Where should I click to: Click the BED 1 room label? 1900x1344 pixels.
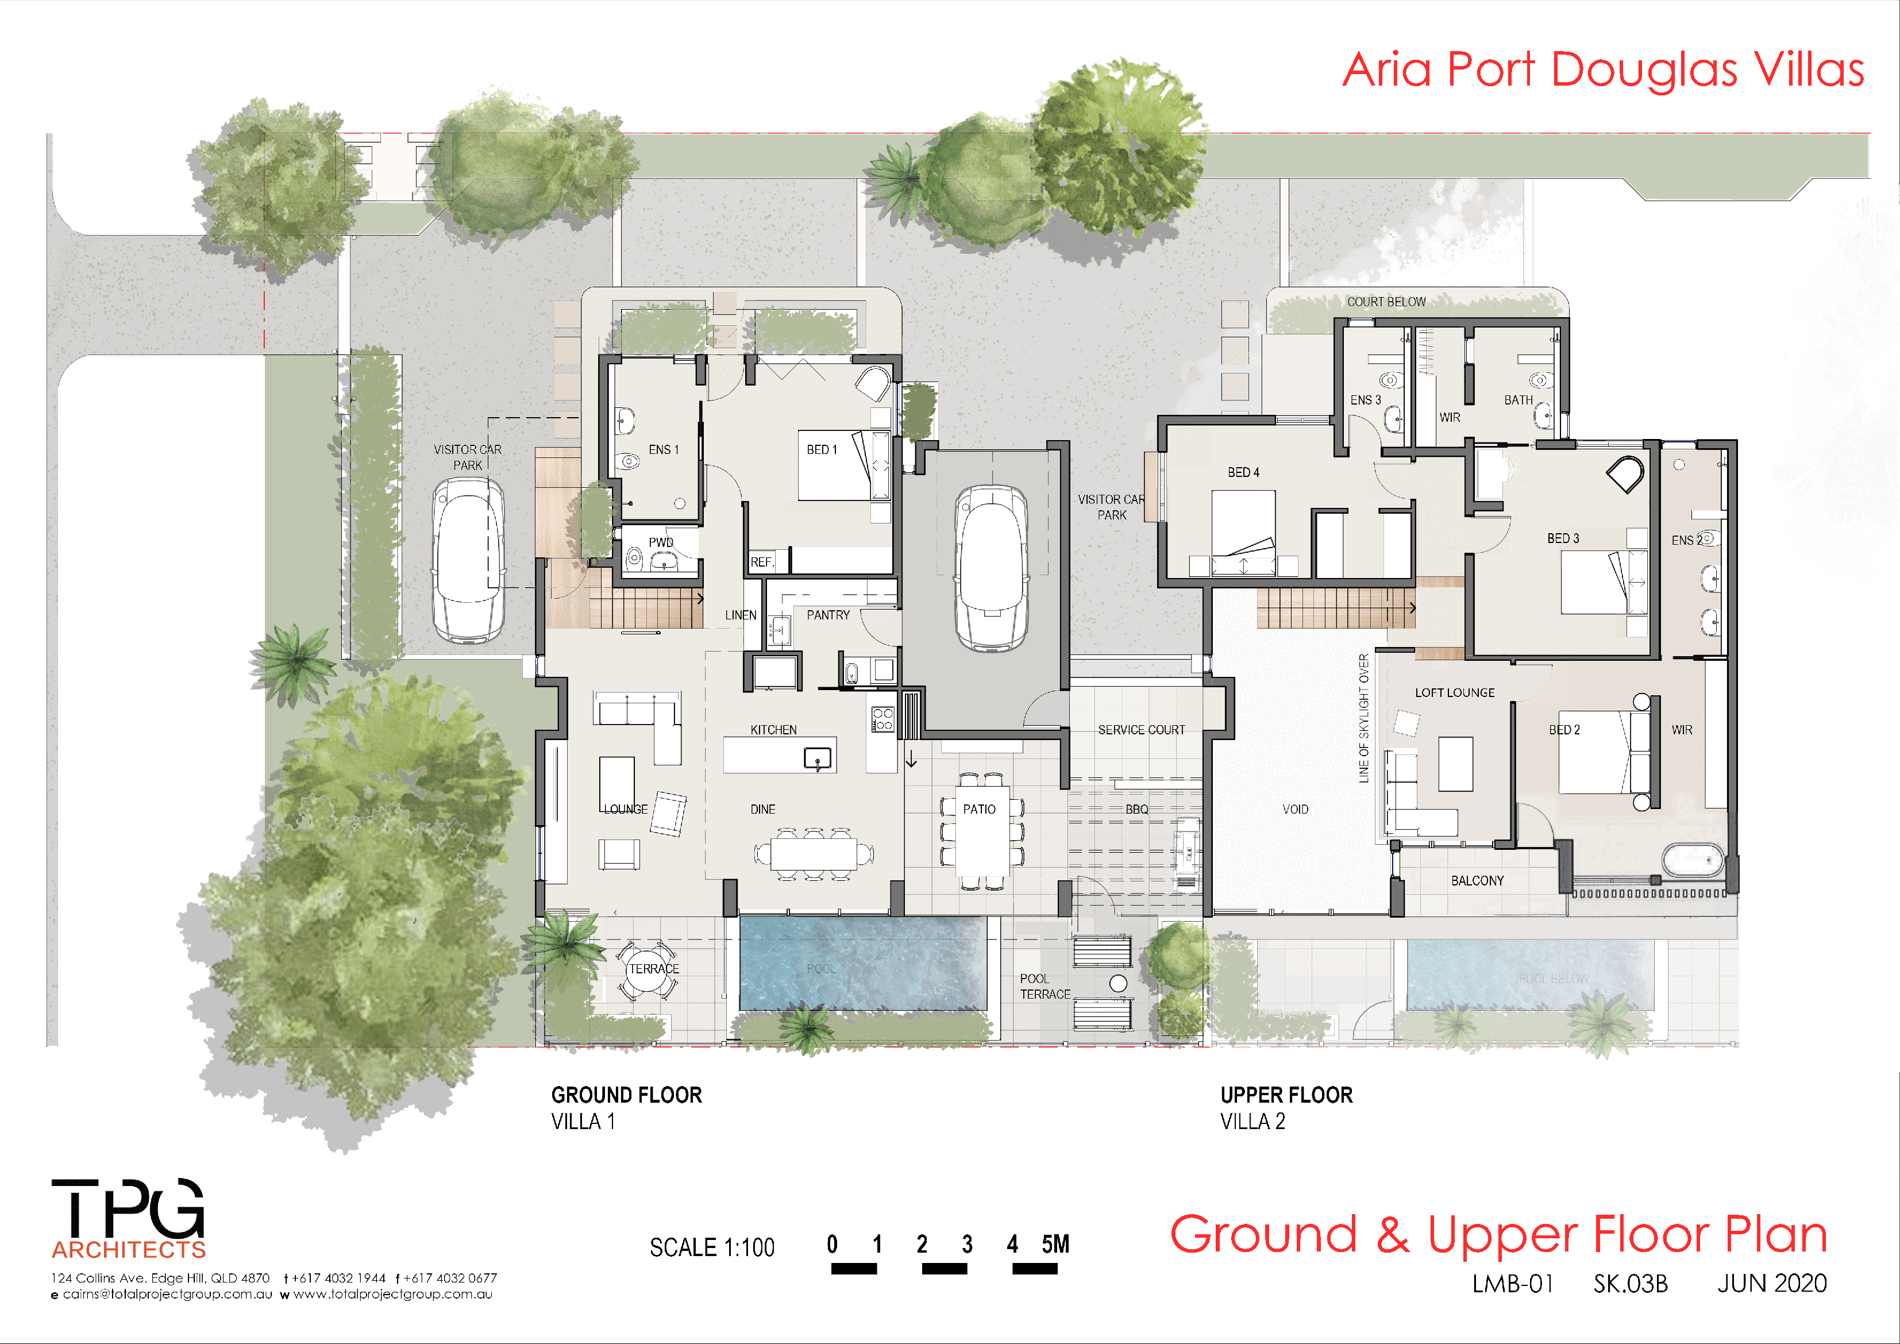[822, 449]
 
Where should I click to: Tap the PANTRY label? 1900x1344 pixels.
[827, 615]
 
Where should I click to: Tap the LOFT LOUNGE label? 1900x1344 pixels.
[1454, 693]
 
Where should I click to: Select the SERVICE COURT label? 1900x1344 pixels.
[1140, 730]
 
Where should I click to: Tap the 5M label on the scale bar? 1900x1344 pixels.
[1055, 1244]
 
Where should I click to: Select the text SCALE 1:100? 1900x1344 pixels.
[712, 1247]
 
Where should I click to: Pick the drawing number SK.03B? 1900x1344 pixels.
[1630, 1284]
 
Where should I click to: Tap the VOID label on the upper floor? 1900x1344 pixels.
[1295, 810]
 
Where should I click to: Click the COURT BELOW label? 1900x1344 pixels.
[1386, 302]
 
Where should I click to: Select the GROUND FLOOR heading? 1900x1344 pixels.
[626, 1095]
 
